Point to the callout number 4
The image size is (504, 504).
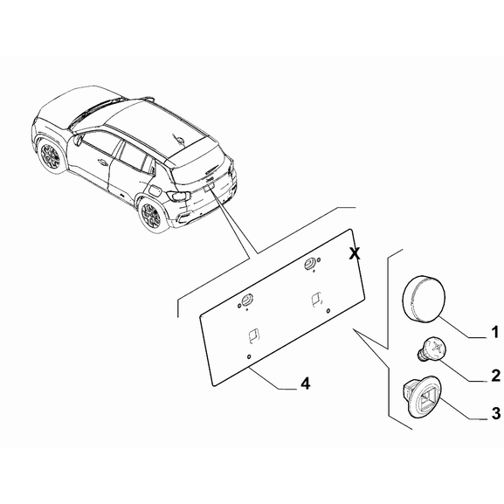click(304, 383)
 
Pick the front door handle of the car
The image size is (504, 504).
click(103, 164)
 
